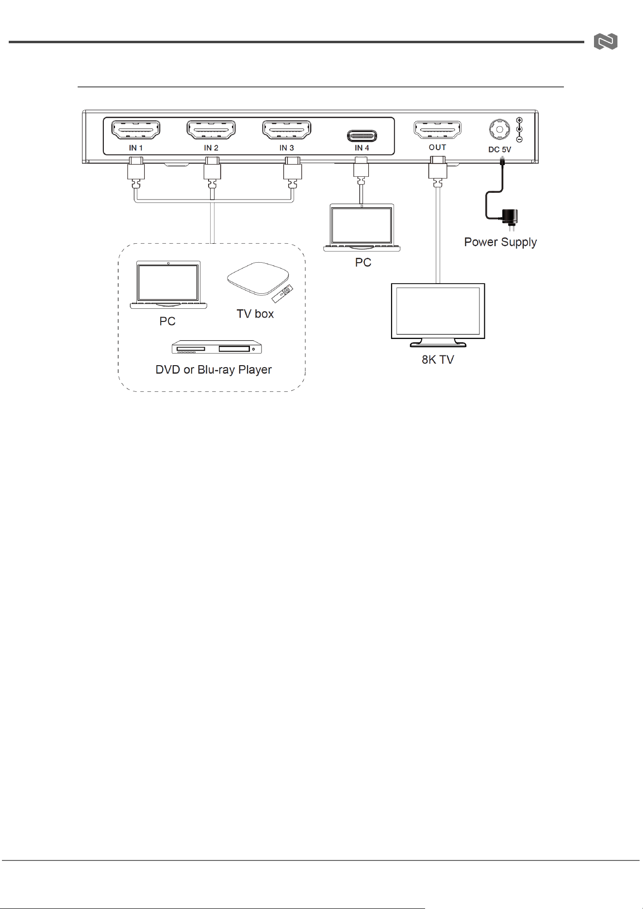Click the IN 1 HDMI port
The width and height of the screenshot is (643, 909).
[x=136, y=130]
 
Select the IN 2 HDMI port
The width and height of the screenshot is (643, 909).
[x=211, y=130]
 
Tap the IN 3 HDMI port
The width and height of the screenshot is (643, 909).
[x=287, y=130]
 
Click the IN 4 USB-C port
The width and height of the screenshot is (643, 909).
[x=362, y=135]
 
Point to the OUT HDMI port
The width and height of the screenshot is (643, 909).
[x=437, y=130]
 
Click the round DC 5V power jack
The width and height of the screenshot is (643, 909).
[x=499, y=130]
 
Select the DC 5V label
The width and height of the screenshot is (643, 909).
[x=499, y=150]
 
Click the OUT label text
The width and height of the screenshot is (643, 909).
[x=437, y=147]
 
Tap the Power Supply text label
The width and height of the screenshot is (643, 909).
[x=500, y=242]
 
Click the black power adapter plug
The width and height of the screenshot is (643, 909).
[x=510, y=218]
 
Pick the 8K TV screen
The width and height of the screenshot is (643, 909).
[x=438, y=311]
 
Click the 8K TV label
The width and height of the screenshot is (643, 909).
[x=438, y=360]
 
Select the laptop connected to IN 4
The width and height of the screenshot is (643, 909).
[x=362, y=228]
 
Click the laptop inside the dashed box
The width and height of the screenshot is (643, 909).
[x=168, y=285]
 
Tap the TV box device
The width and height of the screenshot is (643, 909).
[x=258, y=279]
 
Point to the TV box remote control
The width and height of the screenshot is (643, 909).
[x=282, y=294]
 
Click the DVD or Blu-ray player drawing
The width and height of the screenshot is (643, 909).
[x=216, y=347]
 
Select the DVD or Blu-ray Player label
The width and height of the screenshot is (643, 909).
[x=214, y=370]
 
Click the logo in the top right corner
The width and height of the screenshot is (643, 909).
[x=606, y=42]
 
